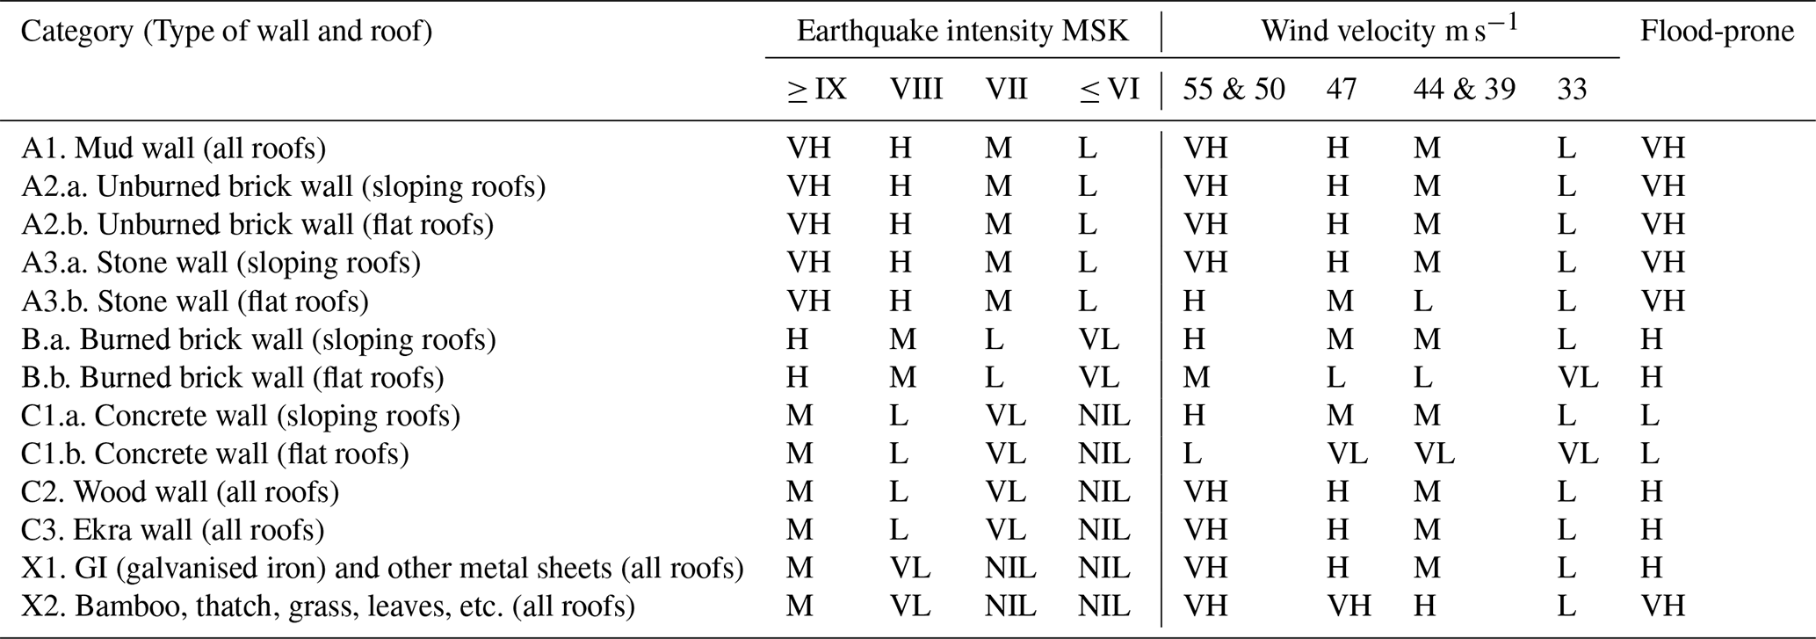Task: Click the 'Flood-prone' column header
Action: click(x=1717, y=32)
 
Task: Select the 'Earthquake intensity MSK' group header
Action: click(x=962, y=32)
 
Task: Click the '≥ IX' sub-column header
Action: click(x=816, y=90)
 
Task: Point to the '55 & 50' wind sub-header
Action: click(x=1234, y=90)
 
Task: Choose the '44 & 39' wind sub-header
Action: click(x=1464, y=90)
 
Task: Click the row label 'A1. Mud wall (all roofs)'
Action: click(x=173, y=149)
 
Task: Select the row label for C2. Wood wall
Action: click(x=180, y=492)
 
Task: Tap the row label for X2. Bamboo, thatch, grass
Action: click(x=328, y=606)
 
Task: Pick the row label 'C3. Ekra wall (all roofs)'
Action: click(x=172, y=530)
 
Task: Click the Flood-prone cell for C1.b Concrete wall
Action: click(x=1649, y=454)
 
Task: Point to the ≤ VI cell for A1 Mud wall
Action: click(x=1088, y=149)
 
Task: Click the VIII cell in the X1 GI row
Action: click(x=909, y=569)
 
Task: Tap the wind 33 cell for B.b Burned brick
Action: click(x=1577, y=378)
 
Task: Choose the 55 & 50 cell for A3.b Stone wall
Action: click(x=1194, y=301)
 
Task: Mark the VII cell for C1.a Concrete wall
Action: click(x=1005, y=416)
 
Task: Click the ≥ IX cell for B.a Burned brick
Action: click(x=797, y=339)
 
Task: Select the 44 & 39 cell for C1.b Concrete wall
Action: click(x=1434, y=454)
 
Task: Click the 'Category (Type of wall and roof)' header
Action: click(x=227, y=32)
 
